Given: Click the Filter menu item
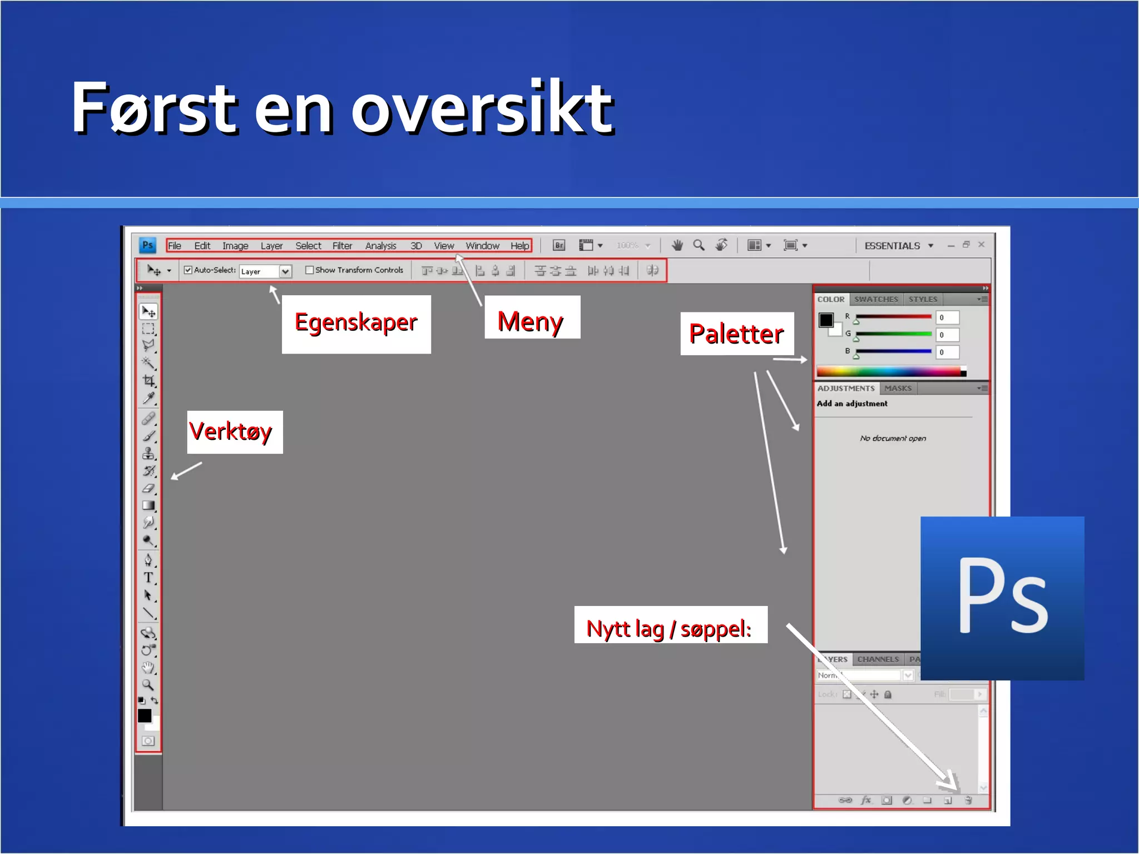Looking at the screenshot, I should (342, 246).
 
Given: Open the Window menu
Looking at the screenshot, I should (482, 246).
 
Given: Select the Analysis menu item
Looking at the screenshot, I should (380, 246).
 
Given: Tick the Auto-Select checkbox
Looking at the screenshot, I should (188, 270).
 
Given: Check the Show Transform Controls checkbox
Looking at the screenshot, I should (310, 270).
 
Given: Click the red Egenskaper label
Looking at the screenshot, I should (356, 323).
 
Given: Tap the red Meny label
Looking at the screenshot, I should (531, 321).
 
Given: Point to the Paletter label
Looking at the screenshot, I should (736, 334).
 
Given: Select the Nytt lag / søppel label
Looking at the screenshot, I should (670, 629).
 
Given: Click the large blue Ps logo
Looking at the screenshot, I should (1002, 598).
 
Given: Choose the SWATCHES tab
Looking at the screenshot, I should (876, 299).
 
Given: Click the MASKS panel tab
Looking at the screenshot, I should (898, 388).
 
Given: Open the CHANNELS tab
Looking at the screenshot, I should (878, 659).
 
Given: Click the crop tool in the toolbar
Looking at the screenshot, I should (148, 381).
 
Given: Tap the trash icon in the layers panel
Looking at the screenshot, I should (968, 801).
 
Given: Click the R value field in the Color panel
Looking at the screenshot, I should (947, 317).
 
